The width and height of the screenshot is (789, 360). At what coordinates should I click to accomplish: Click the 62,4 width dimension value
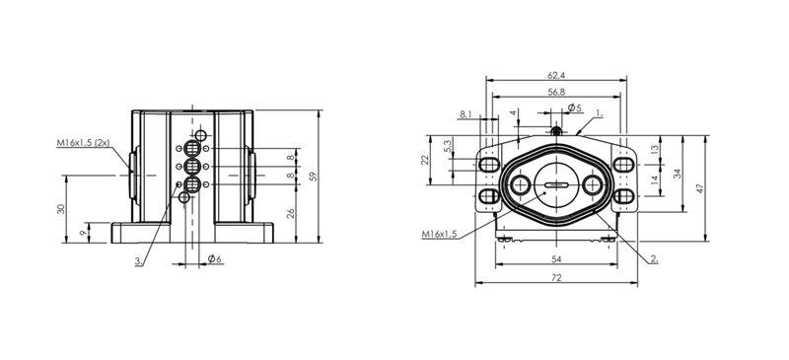[x=556, y=76]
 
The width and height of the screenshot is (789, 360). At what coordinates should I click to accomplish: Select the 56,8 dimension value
[x=556, y=92]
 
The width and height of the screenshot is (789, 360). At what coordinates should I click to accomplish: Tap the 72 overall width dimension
[x=556, y=277]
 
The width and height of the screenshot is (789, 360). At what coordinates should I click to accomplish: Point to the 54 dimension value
[x=556, y=258]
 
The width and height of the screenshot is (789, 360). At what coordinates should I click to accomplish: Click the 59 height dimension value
[x=314, y=177]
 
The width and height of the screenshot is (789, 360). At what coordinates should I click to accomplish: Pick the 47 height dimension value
[x=700, y=188]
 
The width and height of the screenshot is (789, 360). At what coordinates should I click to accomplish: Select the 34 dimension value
[x=678, y=174]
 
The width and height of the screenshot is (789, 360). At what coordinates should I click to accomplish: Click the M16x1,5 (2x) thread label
[x=83, y=143]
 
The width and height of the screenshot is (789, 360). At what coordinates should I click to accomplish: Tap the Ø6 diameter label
[x=215, y=258]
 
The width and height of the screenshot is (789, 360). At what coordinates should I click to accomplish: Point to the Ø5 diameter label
[x=574, y=108]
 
